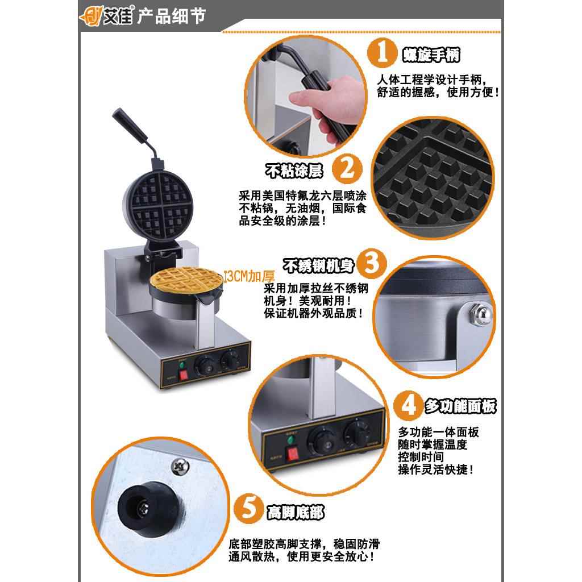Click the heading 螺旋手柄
430,55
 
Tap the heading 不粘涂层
293,170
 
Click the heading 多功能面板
460,406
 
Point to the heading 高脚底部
295,513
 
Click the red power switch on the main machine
183,375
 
